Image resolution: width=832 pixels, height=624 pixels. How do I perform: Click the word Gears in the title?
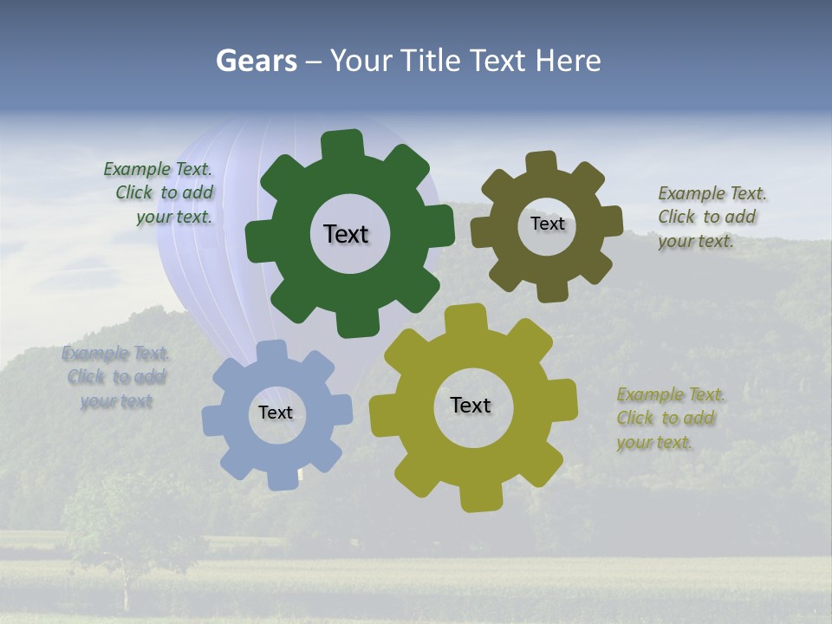(257, 61)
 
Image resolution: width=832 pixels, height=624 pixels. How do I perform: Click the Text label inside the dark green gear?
(346, 234)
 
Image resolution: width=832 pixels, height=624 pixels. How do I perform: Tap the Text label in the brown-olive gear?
(547, 224)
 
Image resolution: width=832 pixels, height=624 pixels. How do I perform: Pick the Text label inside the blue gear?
(276, 413)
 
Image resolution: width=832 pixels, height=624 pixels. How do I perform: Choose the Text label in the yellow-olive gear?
(471, 405)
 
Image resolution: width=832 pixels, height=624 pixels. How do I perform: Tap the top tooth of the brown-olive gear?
(542, 162)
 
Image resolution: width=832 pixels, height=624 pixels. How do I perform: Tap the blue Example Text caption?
(116, 377)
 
